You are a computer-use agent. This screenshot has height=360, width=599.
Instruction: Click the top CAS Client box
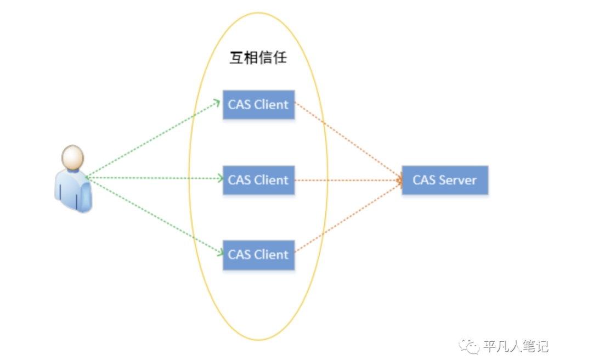[258, 105]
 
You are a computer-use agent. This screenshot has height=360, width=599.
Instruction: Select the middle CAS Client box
[258, 180]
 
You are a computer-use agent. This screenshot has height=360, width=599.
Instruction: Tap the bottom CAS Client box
[258, 255]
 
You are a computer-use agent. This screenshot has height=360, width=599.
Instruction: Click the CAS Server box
[444, 180]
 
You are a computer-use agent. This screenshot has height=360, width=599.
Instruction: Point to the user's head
[73, 157]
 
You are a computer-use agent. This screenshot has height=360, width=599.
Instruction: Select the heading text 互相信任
[258, 58]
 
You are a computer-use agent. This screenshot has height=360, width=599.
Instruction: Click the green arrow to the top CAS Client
[154, 139]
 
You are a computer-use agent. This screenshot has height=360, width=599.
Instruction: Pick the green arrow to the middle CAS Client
[154, 178]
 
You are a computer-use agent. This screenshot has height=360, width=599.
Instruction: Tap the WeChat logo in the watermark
[470, 346]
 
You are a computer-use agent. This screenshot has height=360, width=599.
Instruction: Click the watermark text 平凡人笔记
[516, 346]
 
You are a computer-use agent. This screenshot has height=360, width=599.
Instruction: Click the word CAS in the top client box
[239, 105]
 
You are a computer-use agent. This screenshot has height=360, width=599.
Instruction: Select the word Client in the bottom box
[270, 255]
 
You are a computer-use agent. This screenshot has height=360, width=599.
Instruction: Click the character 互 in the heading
[236, 58]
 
